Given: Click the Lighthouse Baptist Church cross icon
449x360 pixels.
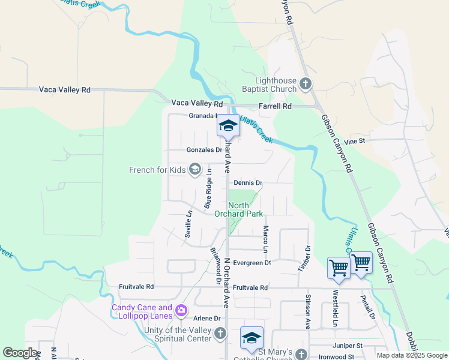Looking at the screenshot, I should click(306, 84).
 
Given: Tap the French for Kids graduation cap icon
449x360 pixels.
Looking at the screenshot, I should click(194, 170).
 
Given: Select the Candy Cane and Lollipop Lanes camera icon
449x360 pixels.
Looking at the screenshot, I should click(181, 311).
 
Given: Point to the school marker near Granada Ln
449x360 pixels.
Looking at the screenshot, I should click(228, 125).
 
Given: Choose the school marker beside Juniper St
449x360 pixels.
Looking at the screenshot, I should click(252, 338).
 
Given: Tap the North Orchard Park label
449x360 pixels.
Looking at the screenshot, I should click(246, 210).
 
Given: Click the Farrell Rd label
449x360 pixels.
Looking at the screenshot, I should click(275, 106).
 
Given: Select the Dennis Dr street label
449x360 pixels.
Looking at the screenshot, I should click(249, 182).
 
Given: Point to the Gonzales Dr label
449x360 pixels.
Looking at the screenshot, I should click(204, 150).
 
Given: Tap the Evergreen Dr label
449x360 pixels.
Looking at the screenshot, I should click(252, 262).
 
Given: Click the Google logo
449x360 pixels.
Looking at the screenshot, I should click(20, 352).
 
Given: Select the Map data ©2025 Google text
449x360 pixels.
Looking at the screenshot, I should click(411, 355).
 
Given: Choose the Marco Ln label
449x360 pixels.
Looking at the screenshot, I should click(265, 239).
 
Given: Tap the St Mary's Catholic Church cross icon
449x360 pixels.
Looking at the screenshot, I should click(304, 354).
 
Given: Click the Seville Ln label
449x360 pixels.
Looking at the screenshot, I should click(188, 223).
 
